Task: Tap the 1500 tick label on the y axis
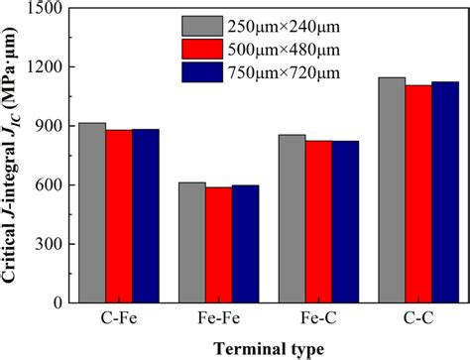click(46, 9)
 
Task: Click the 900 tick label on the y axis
click(52, 126)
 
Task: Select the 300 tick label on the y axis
click(52, 244)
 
